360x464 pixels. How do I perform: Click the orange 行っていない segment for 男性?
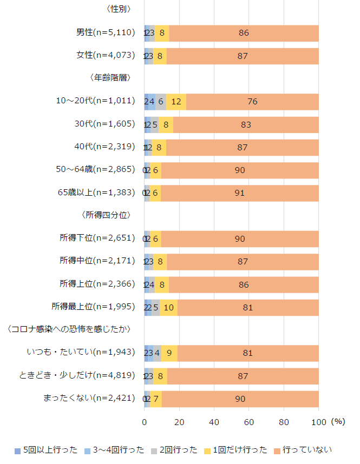coord(244,33)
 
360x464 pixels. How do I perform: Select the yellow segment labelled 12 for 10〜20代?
coord(176,102)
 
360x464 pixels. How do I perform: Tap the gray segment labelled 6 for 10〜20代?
coord(161,102)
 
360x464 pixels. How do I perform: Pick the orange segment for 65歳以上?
coord(239,193)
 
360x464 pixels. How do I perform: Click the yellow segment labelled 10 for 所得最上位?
coord(168,307)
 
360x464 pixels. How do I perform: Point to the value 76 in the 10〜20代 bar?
coord(252,102)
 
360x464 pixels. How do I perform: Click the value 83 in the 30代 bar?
coord(246,124)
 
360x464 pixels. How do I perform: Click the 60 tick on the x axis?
coord(249,422)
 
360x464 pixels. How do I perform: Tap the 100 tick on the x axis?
coord(319,422)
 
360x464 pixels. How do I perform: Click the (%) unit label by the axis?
coord(338,421)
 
